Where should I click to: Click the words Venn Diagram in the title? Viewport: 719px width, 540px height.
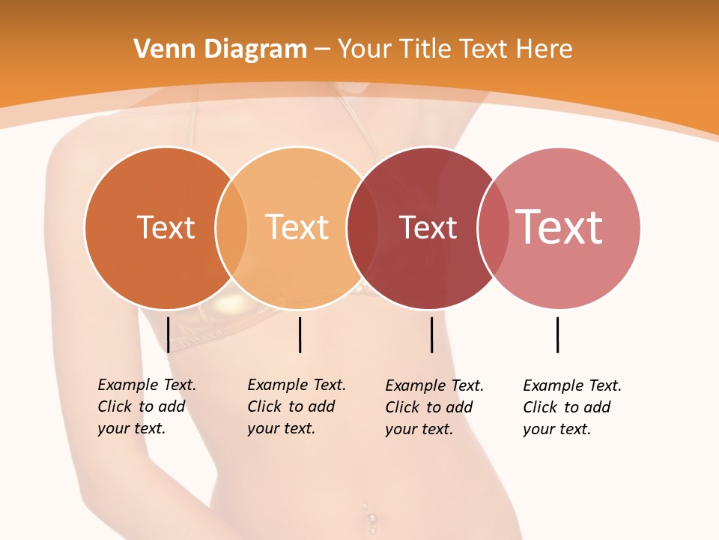(220, 49)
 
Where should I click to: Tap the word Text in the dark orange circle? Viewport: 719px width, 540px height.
(166, 227)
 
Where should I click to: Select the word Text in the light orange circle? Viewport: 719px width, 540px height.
(297, 227)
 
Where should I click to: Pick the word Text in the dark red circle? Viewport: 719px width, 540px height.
(428, 228)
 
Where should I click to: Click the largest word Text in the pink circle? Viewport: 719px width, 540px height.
(559, 227)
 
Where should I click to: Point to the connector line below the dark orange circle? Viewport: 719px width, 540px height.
(168, 334)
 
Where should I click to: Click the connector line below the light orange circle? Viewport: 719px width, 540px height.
(300, 334)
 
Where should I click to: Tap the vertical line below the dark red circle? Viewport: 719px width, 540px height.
(432, 334)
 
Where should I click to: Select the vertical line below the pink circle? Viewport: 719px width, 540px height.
(557, 334)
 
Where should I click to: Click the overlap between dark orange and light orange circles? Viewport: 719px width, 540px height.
(231, 228)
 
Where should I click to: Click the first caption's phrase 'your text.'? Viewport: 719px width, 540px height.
(131, 428)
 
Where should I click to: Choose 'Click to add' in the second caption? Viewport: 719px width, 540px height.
(291, 406)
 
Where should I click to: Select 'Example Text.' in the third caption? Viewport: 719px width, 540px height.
(434, 385)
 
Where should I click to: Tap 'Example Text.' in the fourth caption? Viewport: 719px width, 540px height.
(572, 385)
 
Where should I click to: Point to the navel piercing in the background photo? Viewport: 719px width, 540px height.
(370, 517)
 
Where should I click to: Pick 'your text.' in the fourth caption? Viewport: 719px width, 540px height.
(556, 429)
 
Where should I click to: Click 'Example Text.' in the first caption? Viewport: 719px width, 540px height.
(147, 385)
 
